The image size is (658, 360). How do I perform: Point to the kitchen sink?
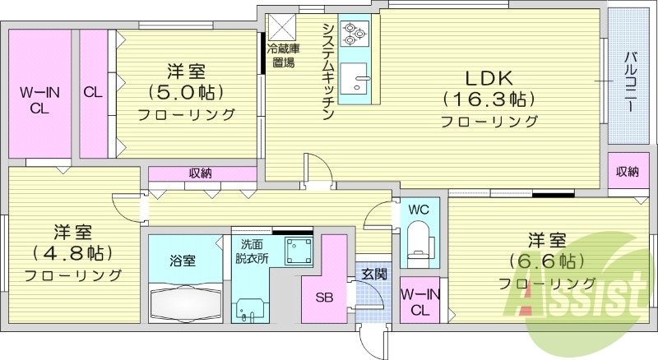pos(359,79)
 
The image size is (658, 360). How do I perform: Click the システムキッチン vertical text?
pos(327,70)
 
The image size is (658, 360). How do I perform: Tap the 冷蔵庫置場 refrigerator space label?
pos(282,55)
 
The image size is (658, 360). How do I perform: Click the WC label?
pos(419,210)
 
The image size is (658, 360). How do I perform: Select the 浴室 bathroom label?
pos(183,261)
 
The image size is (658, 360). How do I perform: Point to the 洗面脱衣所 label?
pos(252,250)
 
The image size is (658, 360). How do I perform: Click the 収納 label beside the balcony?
pos(628,171)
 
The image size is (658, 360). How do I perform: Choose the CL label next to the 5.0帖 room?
pos(92,92)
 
